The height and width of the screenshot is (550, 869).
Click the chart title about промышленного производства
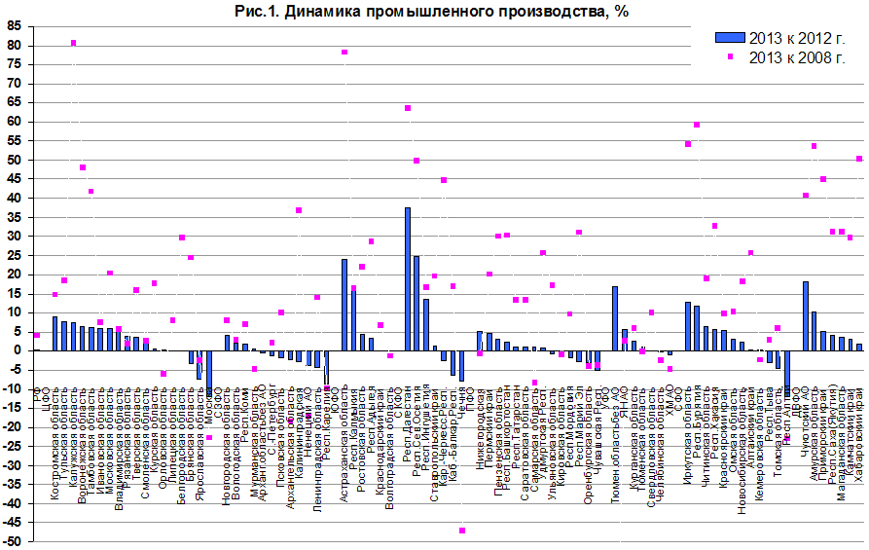coord(434,12)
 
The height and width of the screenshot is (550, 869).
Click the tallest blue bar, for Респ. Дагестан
coord(408,278)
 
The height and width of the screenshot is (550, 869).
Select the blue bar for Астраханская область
coord(344,305)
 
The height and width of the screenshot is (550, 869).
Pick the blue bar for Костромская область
coord(54,333)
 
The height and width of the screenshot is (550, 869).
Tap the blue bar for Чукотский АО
coord(806,315)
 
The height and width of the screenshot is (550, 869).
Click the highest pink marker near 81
coord(74,43)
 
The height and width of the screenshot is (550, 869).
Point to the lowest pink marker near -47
coord(461,530)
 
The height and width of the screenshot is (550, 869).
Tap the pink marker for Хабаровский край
coord(859,159)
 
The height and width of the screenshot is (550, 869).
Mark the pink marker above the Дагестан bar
coord(408,108)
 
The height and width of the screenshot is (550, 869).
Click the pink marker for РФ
coord(37,335)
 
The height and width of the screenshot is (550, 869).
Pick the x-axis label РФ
coord(37,393)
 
